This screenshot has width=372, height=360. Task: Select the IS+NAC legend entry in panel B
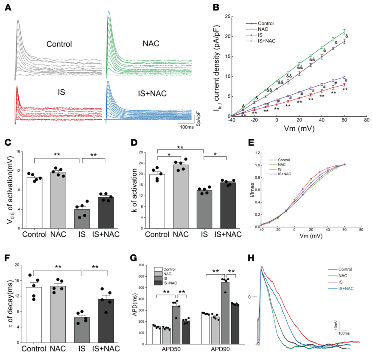click(265, 41)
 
